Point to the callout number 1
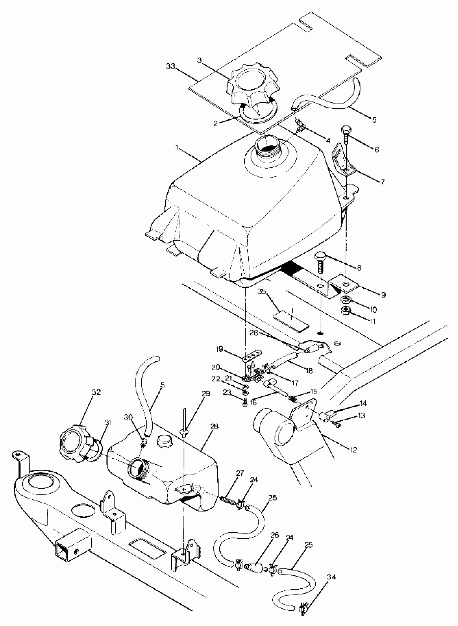tap(177, 147)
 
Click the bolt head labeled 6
tap(346, 130)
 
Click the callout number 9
tap(383, 295)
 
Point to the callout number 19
tap(220, 349)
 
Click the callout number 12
tap(353, 450)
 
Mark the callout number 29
tap(206, 394)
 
